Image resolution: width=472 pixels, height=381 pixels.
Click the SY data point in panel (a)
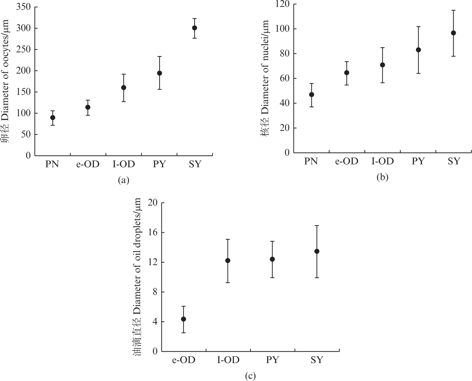(x=195, y=28)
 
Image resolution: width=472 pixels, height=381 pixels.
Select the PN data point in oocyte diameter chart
(x=53, y=117)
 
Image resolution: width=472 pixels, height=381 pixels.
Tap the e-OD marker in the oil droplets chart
(x=184, y=319)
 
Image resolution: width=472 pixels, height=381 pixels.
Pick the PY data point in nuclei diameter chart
(x=418, y=50)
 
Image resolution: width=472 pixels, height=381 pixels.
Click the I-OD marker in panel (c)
(x=228, y=261)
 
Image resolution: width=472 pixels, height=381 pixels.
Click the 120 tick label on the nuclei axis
(x=282, y=4)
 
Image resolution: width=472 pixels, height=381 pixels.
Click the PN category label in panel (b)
(x=311, y=161)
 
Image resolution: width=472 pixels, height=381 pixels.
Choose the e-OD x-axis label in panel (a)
(x=88, y=164)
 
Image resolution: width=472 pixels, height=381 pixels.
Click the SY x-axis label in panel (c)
(x=317, y=360)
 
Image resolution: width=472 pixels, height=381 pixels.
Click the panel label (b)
(x=382, y=177)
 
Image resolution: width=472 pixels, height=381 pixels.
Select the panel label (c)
(x=250, y=376)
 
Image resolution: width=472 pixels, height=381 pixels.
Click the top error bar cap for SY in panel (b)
(x=453, y=10)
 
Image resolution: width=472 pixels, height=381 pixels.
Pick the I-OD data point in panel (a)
(x=124, y=88)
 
